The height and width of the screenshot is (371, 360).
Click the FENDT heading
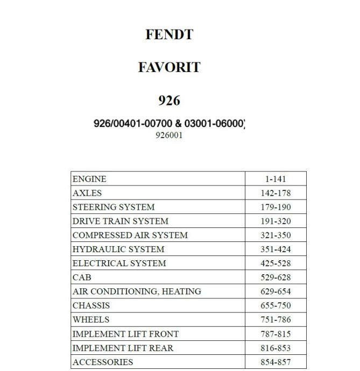pyautogui.click(x=169, y=35)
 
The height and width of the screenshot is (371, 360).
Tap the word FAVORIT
pyautogui.click(x=169, y=68)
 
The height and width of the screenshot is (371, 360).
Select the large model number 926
pyautogui.click(x=169, y=101)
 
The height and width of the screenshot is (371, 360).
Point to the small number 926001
pyautogui.click(x=169, y=135)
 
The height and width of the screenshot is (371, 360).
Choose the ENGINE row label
pyautogui.click(x=89, y=179)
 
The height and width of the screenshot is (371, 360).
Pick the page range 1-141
pyautogui.click(x=276, y=180)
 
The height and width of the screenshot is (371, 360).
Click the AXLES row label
pyautogui.click(x=87, y=193)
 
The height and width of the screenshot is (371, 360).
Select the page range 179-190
pyautogui.click(x=276, y=208)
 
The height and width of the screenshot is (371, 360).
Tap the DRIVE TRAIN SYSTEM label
pyautogui.click(x=121, y=221)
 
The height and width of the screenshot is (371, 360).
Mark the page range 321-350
pyautogui.click(x=276, y=236)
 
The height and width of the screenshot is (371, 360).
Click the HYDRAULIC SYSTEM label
pyautogui.click(x=118, y=249)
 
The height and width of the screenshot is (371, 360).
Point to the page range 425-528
pyautogui.click(x=276, y=263)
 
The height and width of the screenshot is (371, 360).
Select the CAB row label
pyautogui.click(x=82, y=277)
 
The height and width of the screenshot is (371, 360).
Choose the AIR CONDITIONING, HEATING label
pyautogui.click(x=137, y=291)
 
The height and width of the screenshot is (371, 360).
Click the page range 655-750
pyautogui.click(x=276, y=306)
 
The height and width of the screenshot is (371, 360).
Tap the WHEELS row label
pyautogui.click(x=91, y=319)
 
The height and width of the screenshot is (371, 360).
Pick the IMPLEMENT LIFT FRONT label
pyautogui.click(x=125, y=334)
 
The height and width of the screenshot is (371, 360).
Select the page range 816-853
pyautogui.click(x=276, y=348)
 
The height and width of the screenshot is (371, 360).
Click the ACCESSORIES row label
pyautogui.click(x=103, y=362)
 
